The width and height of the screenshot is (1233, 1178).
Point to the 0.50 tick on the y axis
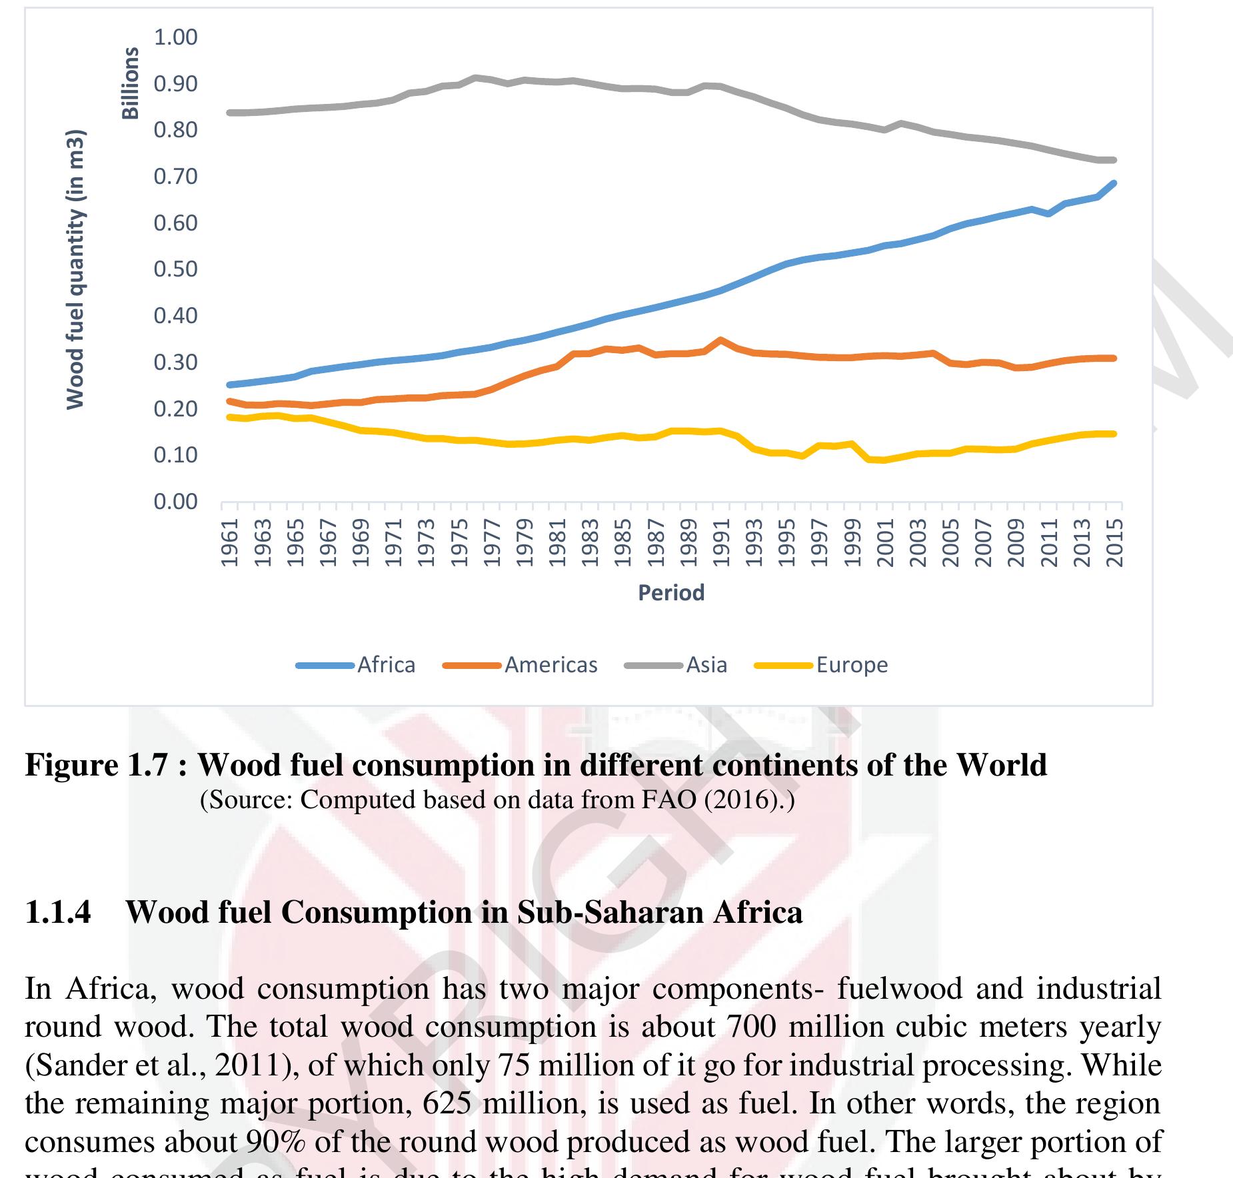pyautogui.click(x=176, y=269)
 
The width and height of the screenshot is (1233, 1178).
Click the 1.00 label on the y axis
pyautogui.click(x=176, y=37)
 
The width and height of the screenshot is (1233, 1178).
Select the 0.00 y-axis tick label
pyautogui.click(x=176, y=501)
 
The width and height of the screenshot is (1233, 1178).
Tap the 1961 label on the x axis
pyautogui.click(x=229, y=542)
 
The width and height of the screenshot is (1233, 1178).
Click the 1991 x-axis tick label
pyautogui.click(x=720, y=542)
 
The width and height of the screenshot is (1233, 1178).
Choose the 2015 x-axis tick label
pyautogui.click(x=1114, y=542)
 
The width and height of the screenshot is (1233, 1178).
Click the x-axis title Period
pyautogui.click(x=671, y=592)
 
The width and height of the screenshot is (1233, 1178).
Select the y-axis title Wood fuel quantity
pyautogui.click(x=75, y=269)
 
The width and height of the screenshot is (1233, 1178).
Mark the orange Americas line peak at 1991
pyautogui.click(x=720, y=340)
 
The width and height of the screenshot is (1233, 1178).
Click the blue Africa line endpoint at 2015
pyautogui.click(x=1114, y=183)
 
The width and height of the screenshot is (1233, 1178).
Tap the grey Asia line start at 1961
pyautogui.click(x=229, y=113)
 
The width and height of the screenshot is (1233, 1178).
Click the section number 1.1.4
pyautogui.click(x=58, y=912)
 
